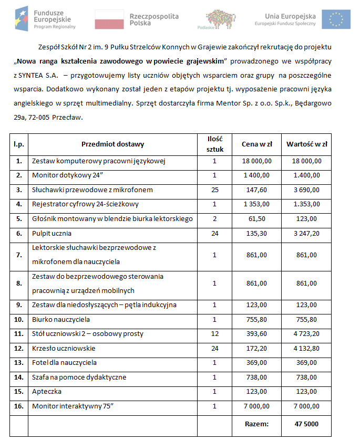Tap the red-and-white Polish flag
click(x=109, y=19)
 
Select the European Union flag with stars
click(x=336, y=19)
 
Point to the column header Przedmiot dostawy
click(x=112, y=144)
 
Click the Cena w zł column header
click(x=256, y=144)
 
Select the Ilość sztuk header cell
click(x=214, y=144)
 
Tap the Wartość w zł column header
click(x=306, y=144)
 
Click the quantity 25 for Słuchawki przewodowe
click(x=214, y=190)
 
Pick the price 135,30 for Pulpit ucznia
click(x=256, y=233)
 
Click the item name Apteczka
click(x=47, y=392)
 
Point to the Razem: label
click(x=256, y=423)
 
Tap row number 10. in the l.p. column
click(x=19, y=319)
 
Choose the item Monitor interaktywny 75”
click(x=73, y=406)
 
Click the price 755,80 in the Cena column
click(x=256, y=319)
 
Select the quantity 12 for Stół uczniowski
click(x=214, y=333)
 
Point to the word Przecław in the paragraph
click(x=68, y=117)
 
